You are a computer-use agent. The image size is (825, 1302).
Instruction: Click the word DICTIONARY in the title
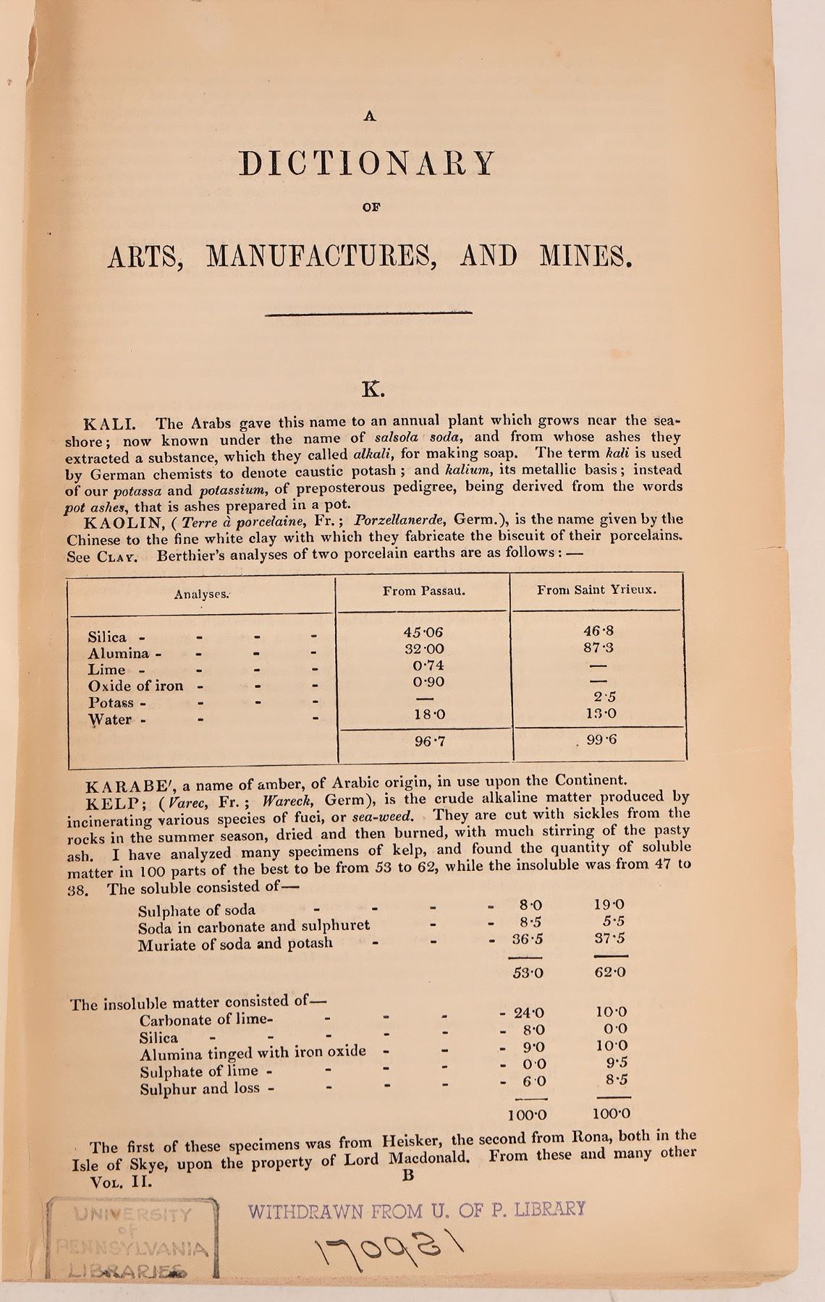[x=368, y=163]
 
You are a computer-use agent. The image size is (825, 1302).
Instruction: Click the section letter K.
[x=373, y=391]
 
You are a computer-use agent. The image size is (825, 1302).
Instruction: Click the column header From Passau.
[x=423, y=590]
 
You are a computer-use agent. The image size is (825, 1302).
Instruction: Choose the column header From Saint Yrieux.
[x=596, y=590]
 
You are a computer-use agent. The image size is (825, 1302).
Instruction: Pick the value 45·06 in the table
[x=423, y=632]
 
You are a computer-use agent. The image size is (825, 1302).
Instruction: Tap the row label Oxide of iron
[x=135, y=686]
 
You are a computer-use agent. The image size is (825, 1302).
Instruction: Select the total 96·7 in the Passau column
[x=424, y=741]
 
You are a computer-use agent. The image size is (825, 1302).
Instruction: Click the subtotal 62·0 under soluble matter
[x=609, y=973]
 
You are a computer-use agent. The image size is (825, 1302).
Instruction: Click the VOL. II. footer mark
[x=119, y=1182]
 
